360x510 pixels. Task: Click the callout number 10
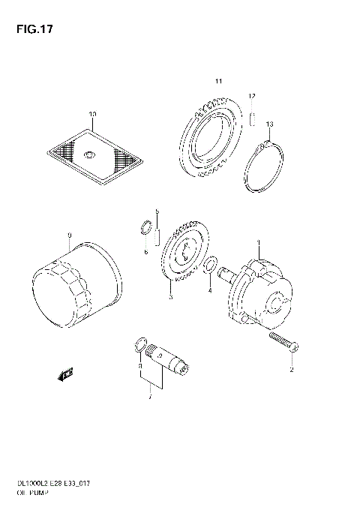pos(92,115)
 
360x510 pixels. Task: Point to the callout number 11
pos(218,80)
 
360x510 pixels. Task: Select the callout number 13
pos(269,124)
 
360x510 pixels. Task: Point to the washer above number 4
pos(211,265)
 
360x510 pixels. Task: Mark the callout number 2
pos(292,370)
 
